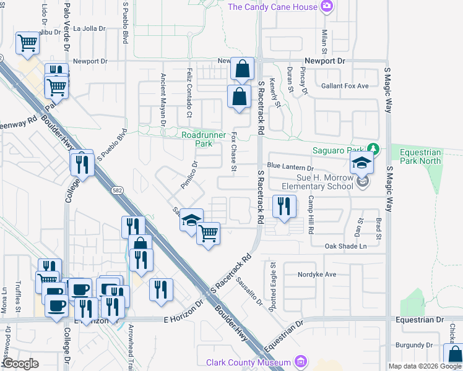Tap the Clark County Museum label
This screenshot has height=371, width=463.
(249, 362)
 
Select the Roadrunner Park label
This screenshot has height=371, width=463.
(197, 139)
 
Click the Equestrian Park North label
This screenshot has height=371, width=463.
(420, 157)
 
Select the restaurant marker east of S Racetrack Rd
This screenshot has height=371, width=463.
(283, 206)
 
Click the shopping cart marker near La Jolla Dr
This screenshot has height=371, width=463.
(28, 44)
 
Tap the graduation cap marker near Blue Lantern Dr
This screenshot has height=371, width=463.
(361, 164)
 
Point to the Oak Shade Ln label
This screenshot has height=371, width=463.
(346, 246)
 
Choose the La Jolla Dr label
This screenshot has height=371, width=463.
(90, 28)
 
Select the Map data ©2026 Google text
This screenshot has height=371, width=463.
(425, 366)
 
